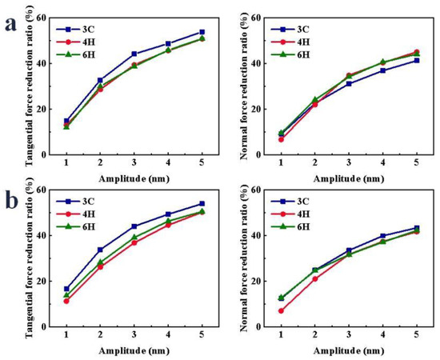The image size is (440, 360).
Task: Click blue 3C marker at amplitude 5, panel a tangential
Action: click(x=202, y=32)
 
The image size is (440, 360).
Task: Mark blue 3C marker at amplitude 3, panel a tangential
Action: click(x=134, y=54)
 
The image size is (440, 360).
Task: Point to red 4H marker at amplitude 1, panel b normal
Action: click(x=281, y=310)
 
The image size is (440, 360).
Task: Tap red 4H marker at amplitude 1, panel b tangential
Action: click(x=66, y=301)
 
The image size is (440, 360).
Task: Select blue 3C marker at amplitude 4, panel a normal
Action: click(x=382, y=70)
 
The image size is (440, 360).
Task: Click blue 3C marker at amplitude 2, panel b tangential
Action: click(x=100, y=250)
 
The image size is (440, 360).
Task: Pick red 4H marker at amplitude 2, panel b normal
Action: click(x=314, y=278)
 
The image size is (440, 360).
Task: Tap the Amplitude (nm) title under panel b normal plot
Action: click(x=348, y=351)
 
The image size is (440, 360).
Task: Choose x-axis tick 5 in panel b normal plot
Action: click(x=416, y=336)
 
